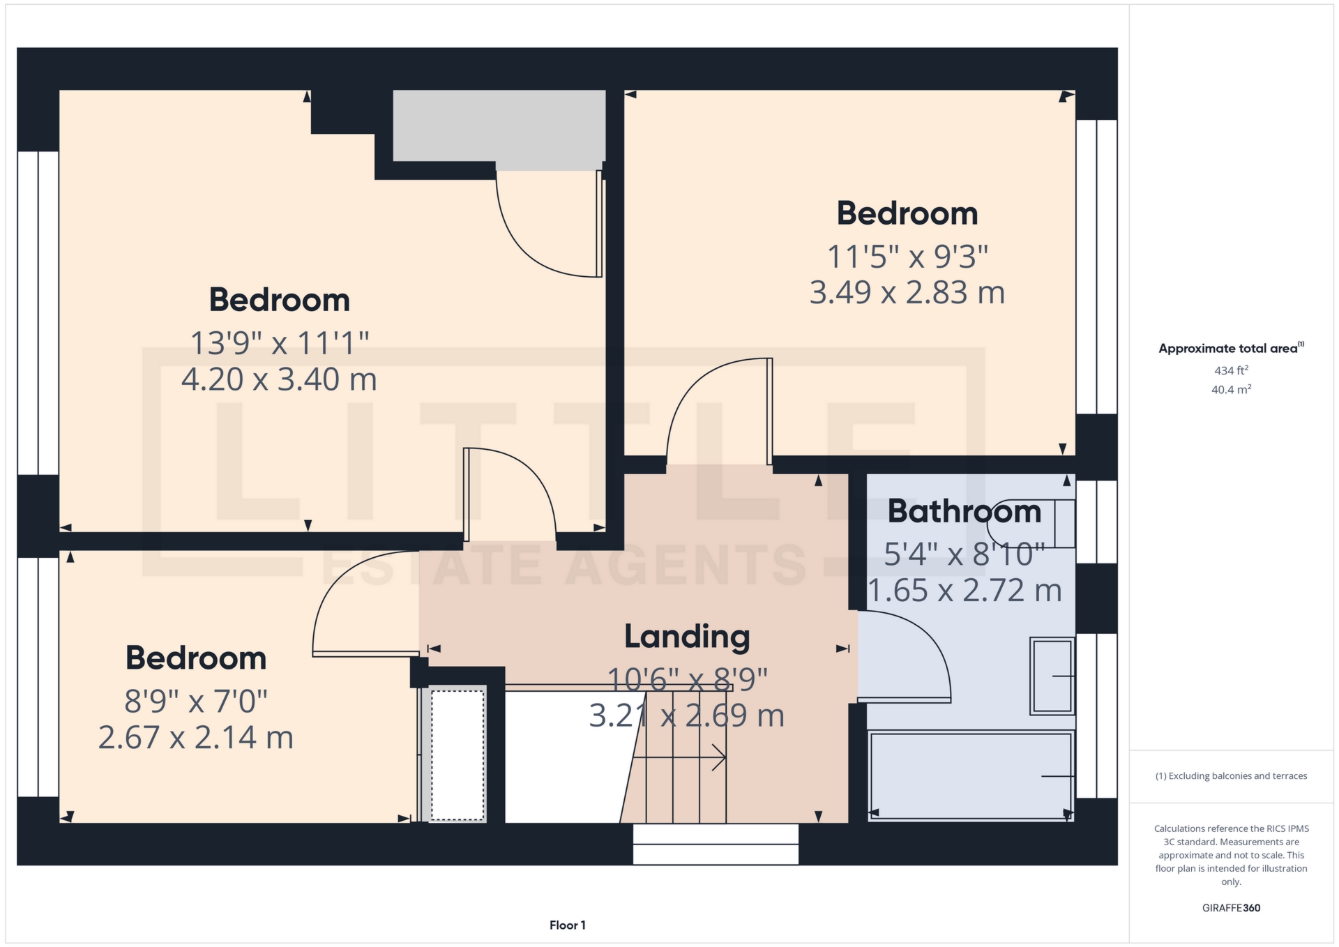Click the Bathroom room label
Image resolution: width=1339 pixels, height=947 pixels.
(964, 511)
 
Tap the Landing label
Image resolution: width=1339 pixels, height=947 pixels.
(687, 637)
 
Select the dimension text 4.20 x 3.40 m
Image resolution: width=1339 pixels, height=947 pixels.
(279, 379)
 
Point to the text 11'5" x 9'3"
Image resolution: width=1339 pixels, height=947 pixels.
(907, 257)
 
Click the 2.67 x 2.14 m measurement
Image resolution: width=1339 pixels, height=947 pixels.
(196, 738)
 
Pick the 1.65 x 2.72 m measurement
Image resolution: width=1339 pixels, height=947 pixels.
(964, 591)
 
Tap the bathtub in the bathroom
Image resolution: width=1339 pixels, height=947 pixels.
(971, 775)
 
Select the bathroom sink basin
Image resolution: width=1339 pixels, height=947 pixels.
(1052, 676)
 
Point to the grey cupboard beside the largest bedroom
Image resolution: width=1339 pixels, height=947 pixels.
(499, 130)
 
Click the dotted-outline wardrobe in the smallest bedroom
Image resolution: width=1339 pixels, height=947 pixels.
(457, 755)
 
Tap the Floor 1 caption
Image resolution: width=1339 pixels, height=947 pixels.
(568, 925)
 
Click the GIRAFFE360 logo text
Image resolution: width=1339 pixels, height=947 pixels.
(1231, 908)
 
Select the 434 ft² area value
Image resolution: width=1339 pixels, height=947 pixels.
(1231, 370)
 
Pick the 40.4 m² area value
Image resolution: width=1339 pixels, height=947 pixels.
(1231, 389)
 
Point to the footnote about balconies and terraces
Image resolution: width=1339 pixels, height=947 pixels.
(1231, 776)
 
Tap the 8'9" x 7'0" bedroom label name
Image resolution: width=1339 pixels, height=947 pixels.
(196, 658)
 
